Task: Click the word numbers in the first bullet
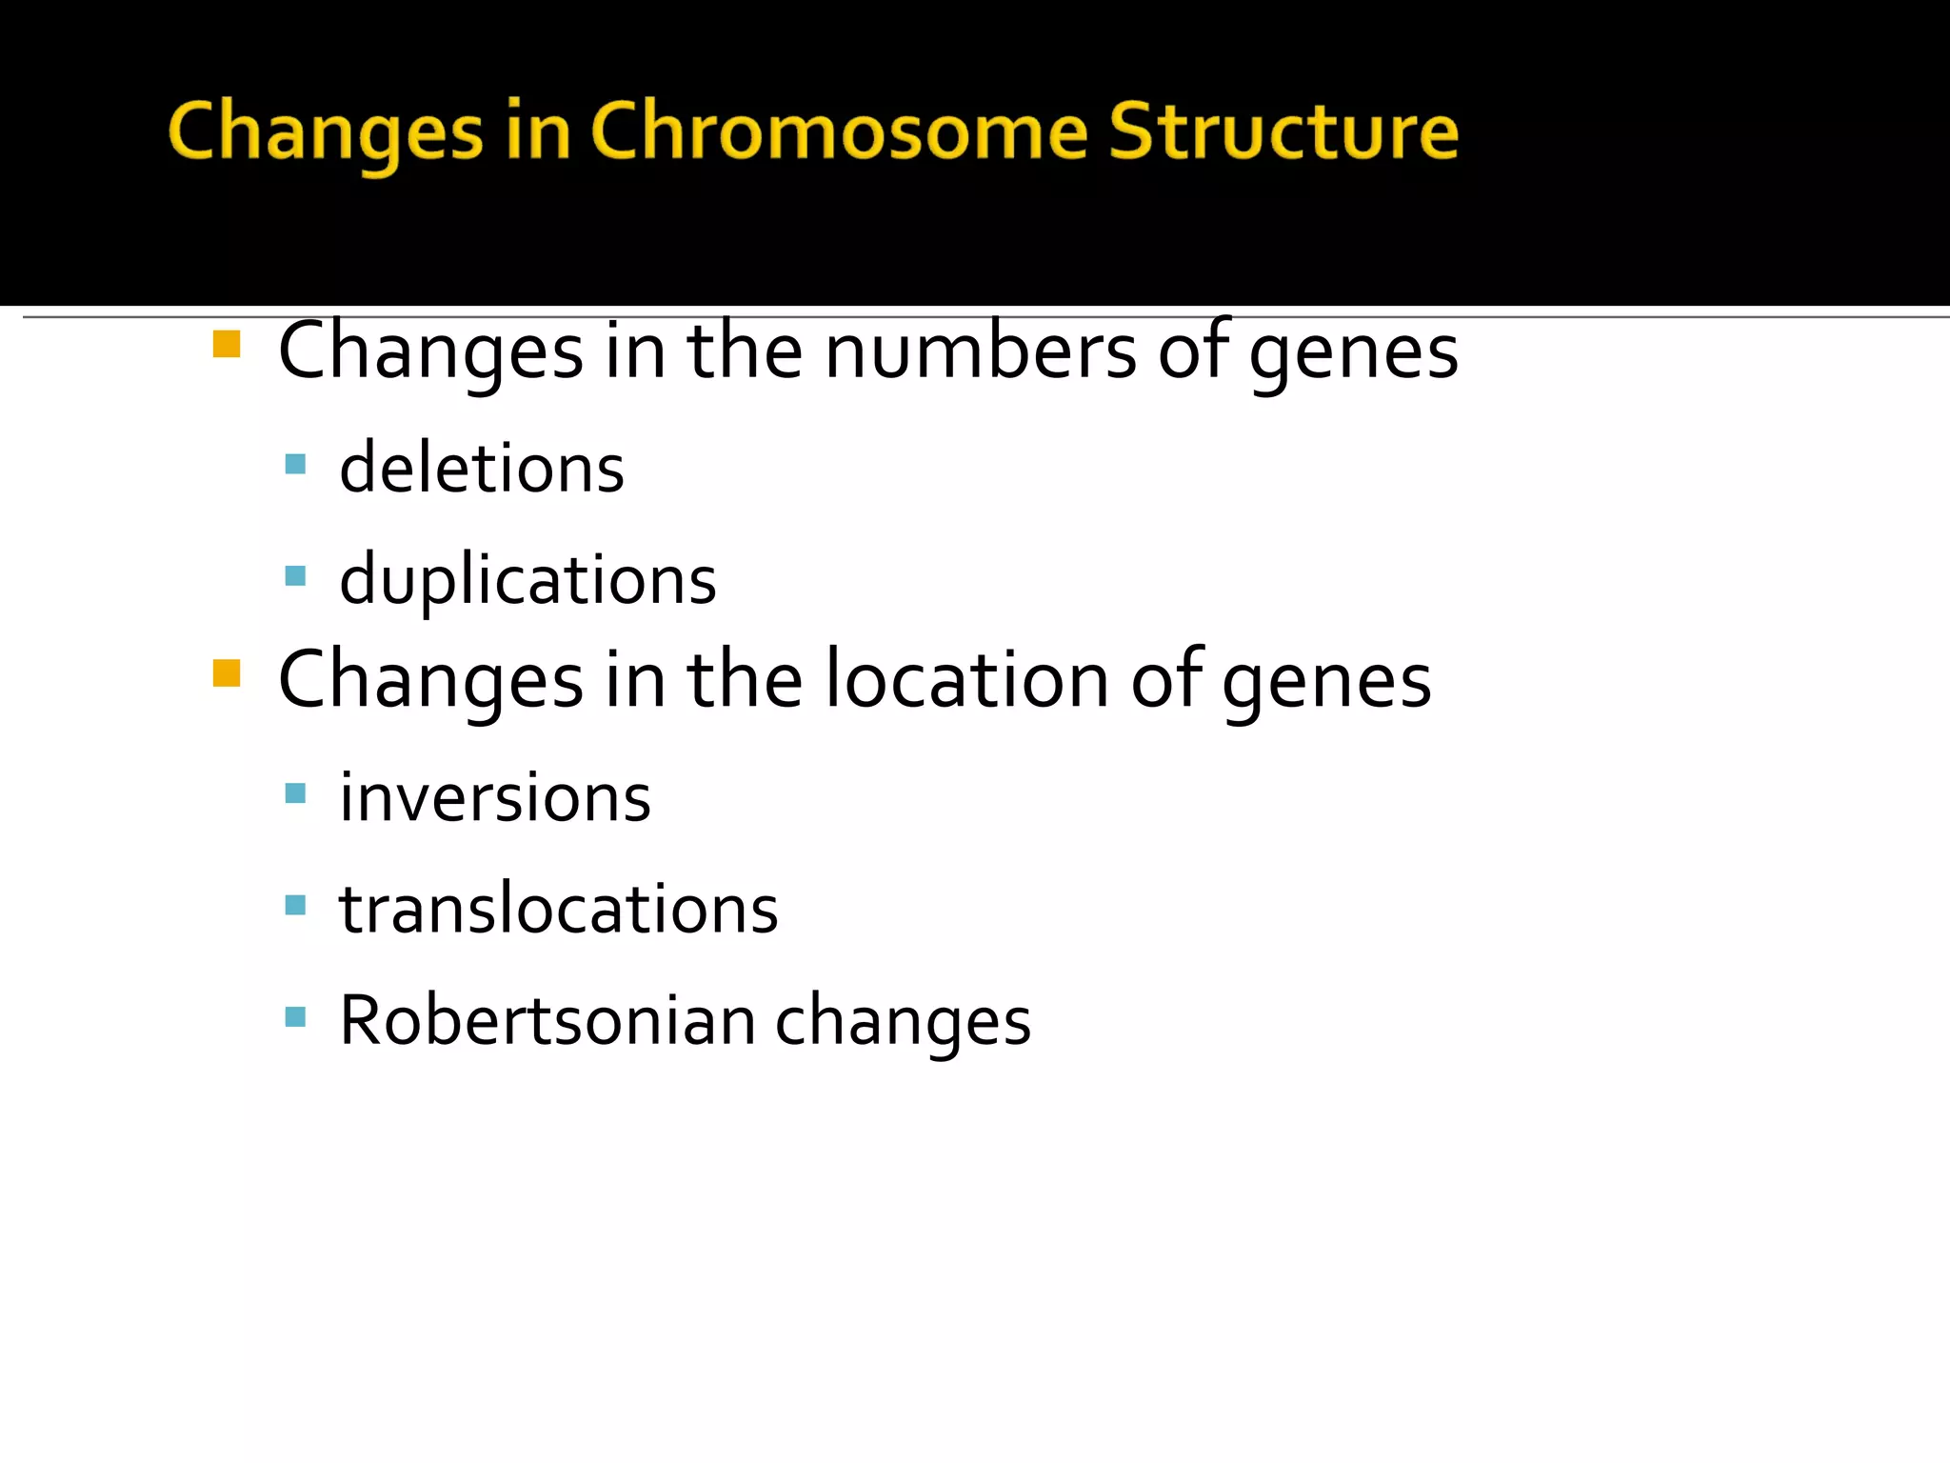click(980, 352)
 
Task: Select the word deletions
click(482, 469)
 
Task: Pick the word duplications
click(527, 580)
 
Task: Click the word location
click(966, 681)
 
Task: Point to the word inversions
click(495, 798)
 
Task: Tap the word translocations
click(559, 910)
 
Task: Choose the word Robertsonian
click(547, 1021)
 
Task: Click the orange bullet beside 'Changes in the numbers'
click(227, 344)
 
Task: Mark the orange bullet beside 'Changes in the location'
click(227, 673)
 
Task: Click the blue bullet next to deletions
click(295, 465)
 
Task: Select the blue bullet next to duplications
click(295, 576)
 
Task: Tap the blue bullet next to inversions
click(295, 793)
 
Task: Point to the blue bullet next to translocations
click(295, 905)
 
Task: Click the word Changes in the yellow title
click(326, 132)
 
